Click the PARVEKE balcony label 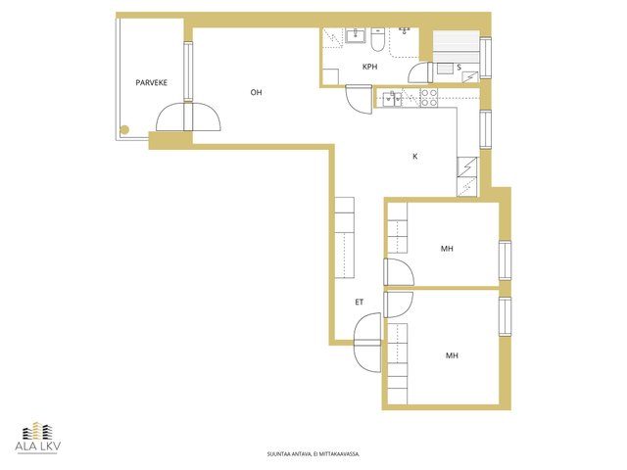point(151,82)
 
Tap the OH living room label point(256,92)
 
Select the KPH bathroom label point(369,67)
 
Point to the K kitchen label point(415,157)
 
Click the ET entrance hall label point(360,303)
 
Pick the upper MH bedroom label point(447,249)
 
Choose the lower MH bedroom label point(452,355)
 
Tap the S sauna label point(459,68)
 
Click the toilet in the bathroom point(377,40)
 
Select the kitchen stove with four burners point(429,98)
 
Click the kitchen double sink point(392,99)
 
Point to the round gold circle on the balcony point(124,129)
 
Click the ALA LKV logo point(38,438)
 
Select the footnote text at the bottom point(313,454)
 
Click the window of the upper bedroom point(506,260)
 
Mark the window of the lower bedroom point(506,316)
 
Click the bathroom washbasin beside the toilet point(356,35)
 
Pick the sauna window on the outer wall point(486,58)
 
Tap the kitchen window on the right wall point(486,129)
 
